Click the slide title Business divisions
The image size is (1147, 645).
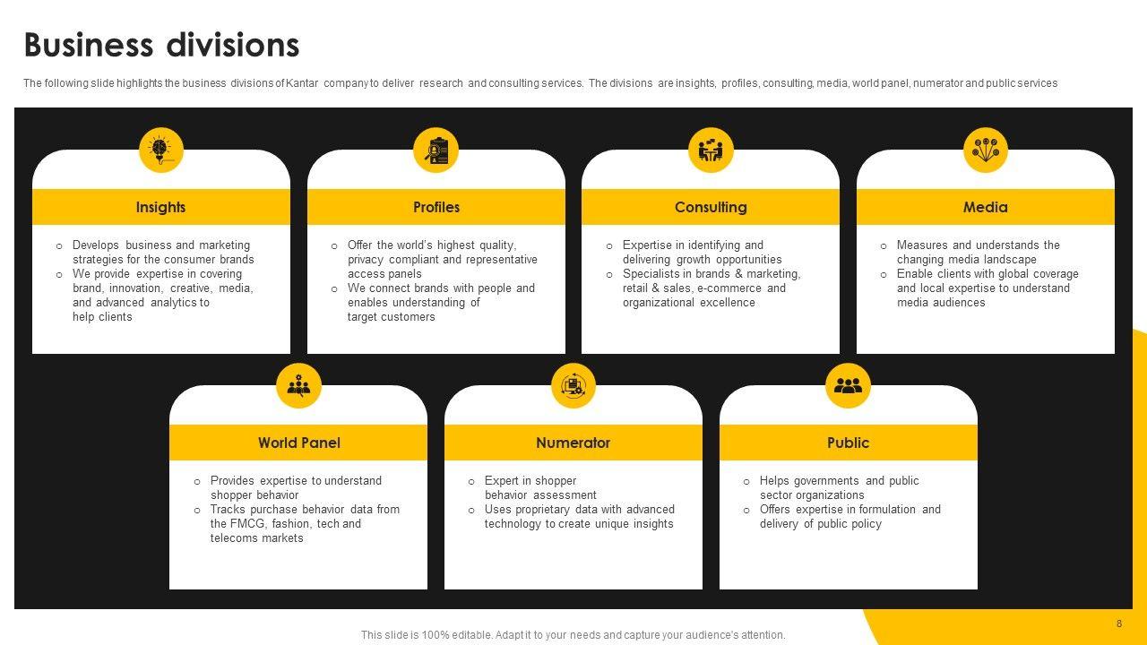pos(161,45)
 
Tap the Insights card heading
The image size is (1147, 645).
pos(161,207)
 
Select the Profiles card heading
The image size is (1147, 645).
pos(436,207)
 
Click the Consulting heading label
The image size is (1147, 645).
pos(711,207)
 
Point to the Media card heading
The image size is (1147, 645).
pos(986,207)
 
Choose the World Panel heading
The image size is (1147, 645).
pos(298,443)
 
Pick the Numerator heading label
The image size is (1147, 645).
pos(573,443)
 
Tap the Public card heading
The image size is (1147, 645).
pos(848,443)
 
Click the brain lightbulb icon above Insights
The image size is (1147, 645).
pos(161,150)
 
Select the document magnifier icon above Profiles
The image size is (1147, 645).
pos(436,150)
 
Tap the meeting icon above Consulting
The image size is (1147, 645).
pos(711,150)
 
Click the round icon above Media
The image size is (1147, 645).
pos(986,150)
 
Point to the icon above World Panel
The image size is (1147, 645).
pos(298,385)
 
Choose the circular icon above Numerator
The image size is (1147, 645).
pos(573,385)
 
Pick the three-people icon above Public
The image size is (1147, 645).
pos(848,385)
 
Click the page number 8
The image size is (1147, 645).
pos(1119,623)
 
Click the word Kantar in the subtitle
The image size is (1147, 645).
pos(303,83)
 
